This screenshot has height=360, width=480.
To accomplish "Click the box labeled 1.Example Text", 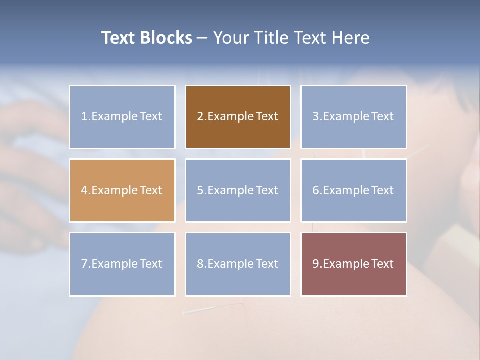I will [122, 117].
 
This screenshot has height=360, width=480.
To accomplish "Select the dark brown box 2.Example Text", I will [238, 117].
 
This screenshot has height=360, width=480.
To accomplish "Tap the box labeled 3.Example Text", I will [353, 117].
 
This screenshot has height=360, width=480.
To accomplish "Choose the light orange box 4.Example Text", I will [122, 190].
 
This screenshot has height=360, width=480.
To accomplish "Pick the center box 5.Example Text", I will [238, 190].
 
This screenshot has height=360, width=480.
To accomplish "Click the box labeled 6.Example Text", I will [353, 190].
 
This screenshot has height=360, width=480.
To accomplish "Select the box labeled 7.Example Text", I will [122, 264].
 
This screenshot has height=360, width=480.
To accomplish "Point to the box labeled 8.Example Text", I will [238, 264].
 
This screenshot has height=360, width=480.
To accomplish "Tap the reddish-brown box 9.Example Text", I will [353, 264].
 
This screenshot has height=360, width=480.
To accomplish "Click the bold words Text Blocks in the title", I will [146, 38].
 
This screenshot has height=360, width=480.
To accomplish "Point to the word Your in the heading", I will [232, 38].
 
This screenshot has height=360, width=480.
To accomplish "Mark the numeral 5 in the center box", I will [200, 190].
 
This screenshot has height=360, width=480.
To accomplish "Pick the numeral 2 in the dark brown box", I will [200, 117].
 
